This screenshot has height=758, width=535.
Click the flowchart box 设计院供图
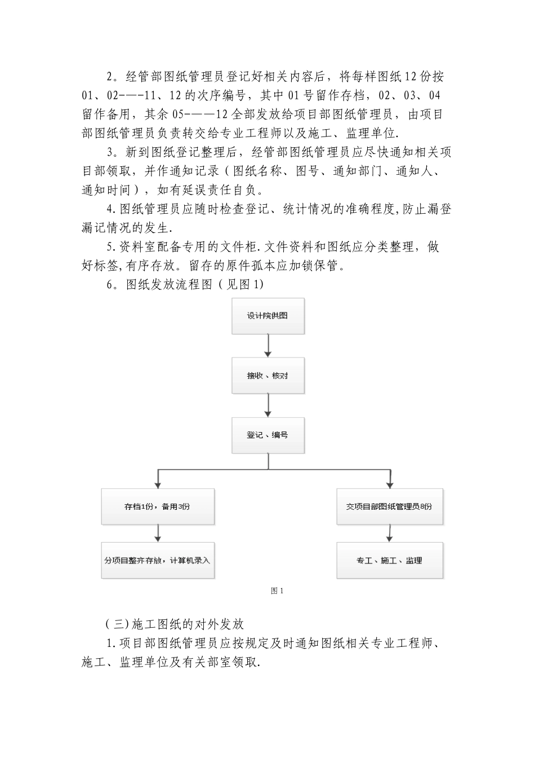point(268,316)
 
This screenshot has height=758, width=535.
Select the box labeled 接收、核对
point(268,376)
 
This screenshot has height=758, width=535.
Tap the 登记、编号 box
point(268,435)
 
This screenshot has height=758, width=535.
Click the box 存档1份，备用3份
point(158,506)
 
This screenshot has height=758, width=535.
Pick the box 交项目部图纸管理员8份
point(390,506)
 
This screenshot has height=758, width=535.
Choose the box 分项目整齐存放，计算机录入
point(158,561)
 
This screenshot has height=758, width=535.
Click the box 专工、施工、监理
point(390,561)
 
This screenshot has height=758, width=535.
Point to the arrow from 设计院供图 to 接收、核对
point(269,345)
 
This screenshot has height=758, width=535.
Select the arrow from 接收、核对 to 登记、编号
point(269,405)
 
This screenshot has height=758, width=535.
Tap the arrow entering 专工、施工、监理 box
point(390,533)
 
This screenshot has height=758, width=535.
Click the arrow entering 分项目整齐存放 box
point(158,533)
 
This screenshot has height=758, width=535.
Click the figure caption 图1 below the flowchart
point(277,591)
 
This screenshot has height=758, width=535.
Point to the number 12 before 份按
point(412,77)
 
